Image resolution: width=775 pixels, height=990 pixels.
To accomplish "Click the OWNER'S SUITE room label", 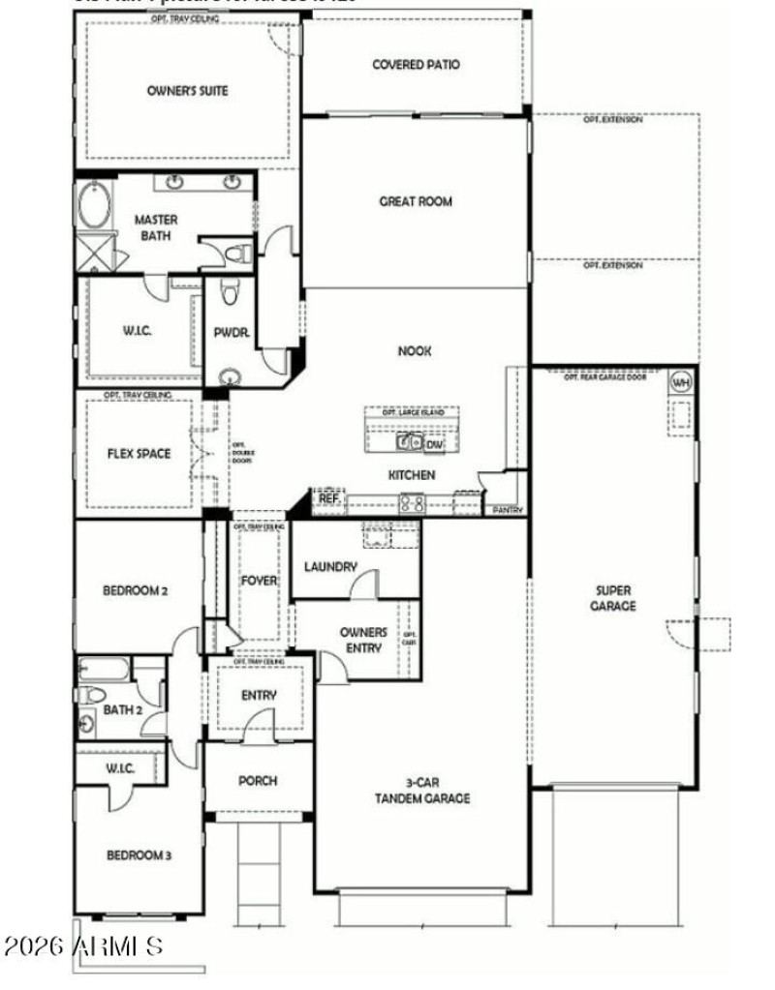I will [x=188, y=91].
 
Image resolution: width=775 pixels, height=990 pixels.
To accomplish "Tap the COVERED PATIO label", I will [x=416, y=65].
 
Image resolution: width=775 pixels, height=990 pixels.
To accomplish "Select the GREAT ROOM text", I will [x=416, y=202].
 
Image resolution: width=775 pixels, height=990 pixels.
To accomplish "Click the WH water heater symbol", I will [x=681, y=380].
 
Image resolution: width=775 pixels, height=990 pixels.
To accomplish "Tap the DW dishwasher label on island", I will [x=434, y=444].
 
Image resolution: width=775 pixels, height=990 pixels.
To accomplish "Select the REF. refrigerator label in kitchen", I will [x=329, y=497].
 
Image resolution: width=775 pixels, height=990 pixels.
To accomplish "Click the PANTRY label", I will [x=508, y=509].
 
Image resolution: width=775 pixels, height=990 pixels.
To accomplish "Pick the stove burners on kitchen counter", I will [x=411, y=502].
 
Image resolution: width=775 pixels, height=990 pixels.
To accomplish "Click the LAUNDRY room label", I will [x=330, y=567].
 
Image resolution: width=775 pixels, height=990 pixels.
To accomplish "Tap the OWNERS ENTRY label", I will [x=363, y=640].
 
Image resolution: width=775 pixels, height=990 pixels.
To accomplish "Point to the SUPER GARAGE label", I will [x=614, y=598].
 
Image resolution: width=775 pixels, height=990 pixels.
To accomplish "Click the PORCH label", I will [x=258, y=781].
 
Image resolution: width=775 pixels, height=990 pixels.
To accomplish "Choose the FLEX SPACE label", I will [x=139, y=453].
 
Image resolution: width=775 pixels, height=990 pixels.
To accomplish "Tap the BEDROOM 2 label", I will [x=138, y=589].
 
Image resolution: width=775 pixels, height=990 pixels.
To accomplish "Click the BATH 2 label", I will [x=123, y=709].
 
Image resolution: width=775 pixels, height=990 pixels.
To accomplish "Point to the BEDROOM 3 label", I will [x=139, y=855].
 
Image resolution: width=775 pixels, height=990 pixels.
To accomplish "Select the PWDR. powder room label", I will [x=232, y=333].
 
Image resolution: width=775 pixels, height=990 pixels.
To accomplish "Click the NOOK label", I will [x=416, y=352].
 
